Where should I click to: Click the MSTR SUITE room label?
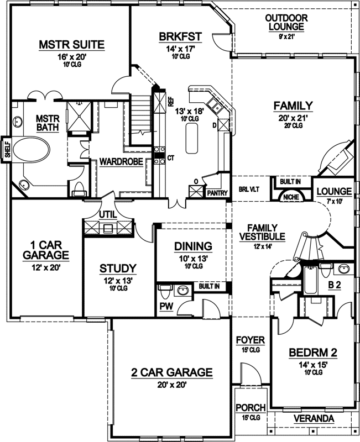click(71, 45)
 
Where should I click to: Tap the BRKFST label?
click(180, 37)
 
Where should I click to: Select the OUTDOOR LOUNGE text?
click(286, 23)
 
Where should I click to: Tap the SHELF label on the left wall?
click(7, 150)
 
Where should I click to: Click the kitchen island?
click(193, 138)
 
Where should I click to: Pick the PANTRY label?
click(217, 194)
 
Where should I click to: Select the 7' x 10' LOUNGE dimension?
click(333, 201)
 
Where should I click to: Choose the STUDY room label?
click(118, 269)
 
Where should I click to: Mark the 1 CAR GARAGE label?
click(46, 250)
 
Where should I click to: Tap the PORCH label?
click(251, 408)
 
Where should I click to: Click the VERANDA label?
click(314, 418)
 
